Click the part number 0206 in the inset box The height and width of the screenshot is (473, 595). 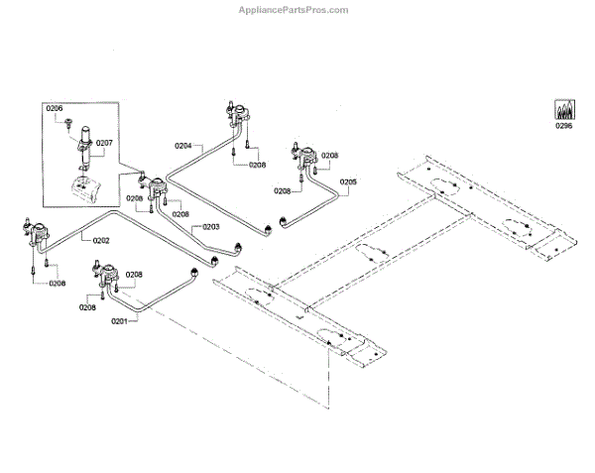tap(55, 108)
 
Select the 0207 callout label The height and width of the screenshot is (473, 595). tap(105, 144)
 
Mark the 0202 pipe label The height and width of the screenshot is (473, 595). tap(101, 240)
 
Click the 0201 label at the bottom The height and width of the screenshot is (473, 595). tap(119, 321)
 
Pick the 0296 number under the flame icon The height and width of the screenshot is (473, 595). tap(564, 126)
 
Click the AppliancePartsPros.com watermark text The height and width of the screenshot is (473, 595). tap(295, 10)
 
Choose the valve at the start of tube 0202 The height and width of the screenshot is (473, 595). tap(39, 236)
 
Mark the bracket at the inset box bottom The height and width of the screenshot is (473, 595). tap(84, 188)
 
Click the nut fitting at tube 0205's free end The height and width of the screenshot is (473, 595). tap(285, 219)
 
